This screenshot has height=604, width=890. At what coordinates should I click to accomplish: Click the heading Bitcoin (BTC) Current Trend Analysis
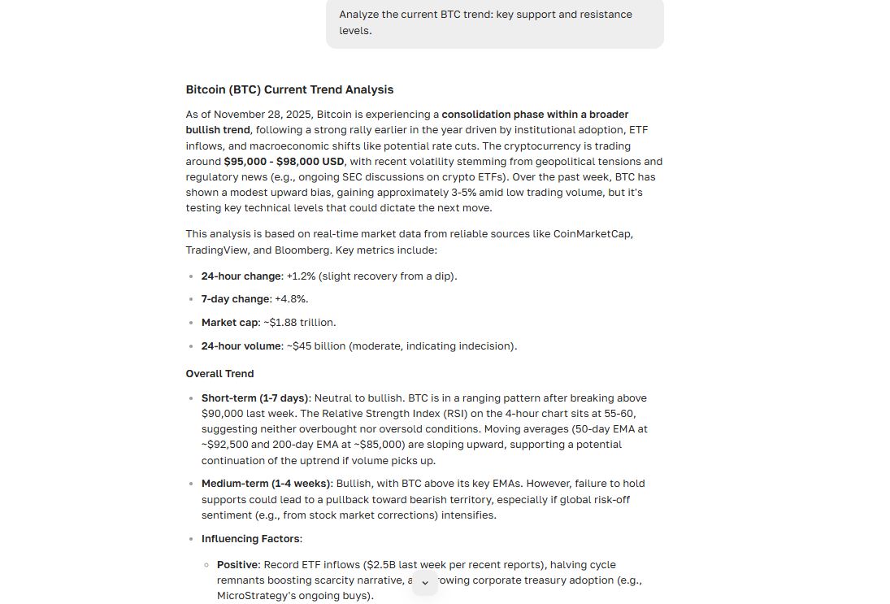pos(289,89)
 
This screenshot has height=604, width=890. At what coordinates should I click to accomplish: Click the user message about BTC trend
pos(494,22)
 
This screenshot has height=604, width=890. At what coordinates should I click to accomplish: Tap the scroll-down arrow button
pos(425,583)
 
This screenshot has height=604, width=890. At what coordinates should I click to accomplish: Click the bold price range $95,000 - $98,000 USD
pos(284,161)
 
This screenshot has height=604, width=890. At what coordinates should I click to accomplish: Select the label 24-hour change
pos(241,276)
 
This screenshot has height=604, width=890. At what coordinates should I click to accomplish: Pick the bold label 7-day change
pos(236,299)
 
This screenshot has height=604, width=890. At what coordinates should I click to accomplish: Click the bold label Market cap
pos(230,323)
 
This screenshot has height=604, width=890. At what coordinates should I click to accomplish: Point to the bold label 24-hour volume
pos(241,346)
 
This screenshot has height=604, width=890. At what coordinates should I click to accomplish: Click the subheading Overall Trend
pos(219,374)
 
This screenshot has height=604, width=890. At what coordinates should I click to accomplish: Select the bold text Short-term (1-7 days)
pos(254,398)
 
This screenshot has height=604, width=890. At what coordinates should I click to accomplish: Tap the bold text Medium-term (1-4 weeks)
pos(266,484)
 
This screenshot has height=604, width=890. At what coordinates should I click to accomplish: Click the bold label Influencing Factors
pos(250,539)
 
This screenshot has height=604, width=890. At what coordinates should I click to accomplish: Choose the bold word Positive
pos(237,565)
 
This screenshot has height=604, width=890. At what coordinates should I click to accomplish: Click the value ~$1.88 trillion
pos(300,323)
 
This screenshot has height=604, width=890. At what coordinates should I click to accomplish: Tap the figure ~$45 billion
pos(305,346)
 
